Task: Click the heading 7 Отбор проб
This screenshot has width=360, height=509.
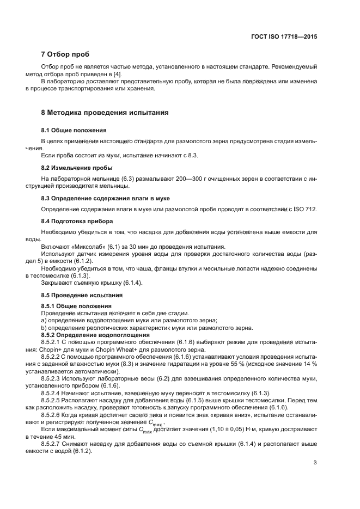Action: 65,54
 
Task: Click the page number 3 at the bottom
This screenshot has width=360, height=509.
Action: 315,463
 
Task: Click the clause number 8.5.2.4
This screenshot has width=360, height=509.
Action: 53,393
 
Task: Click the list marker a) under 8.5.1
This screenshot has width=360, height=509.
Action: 44,321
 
